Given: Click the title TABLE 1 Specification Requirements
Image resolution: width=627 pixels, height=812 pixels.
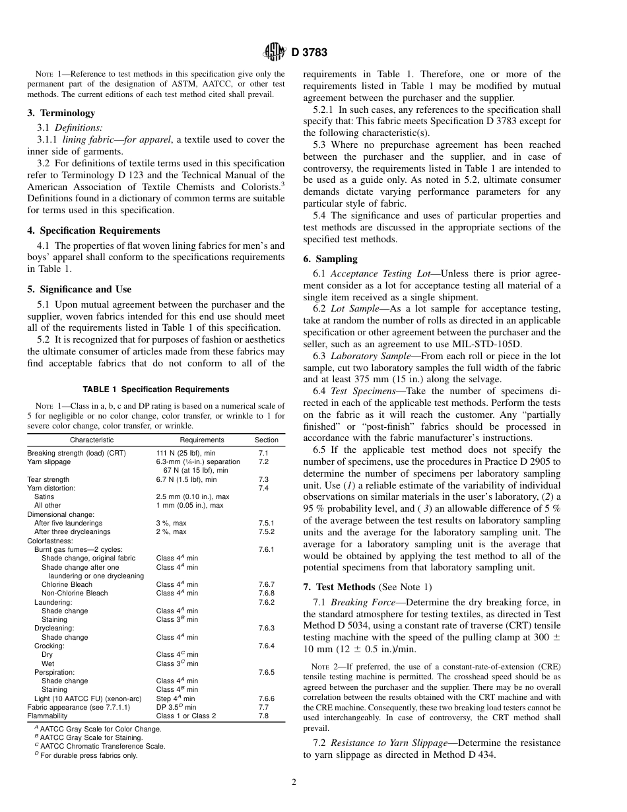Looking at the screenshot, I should coord(156,389).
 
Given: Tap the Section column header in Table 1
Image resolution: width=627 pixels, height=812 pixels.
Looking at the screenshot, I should coord(267,440).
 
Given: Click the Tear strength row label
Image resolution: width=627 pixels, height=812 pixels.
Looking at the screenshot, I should coord(48,479).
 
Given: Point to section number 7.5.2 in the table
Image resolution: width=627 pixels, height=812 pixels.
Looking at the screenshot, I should coord(267,531).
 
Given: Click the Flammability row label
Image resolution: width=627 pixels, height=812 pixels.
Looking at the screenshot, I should coord(47,716).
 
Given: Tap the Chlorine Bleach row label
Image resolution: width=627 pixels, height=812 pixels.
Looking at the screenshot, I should coord(67,584).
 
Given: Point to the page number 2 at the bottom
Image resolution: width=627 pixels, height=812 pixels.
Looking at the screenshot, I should coord(294,783).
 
